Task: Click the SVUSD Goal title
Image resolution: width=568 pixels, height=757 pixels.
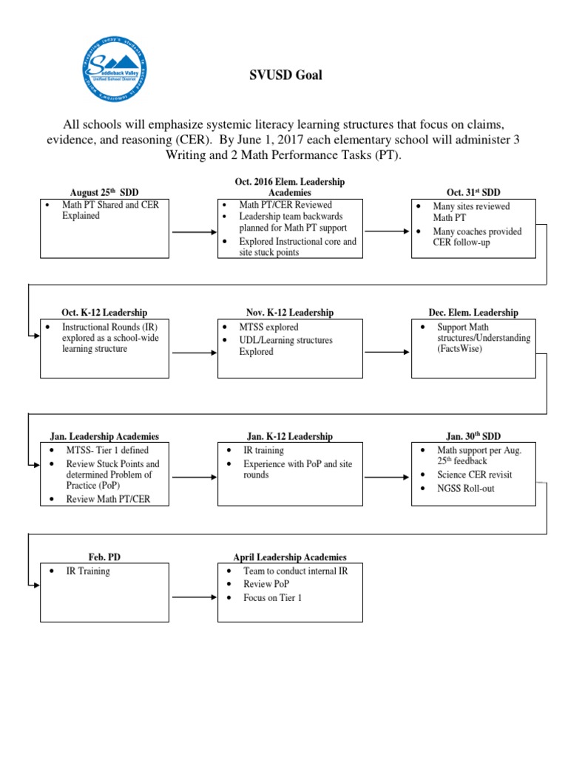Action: [x=284, y=75]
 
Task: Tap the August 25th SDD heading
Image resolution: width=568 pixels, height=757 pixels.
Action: [x=104, y=192]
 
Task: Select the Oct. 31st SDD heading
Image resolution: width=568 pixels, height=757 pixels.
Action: [x=473, y=192]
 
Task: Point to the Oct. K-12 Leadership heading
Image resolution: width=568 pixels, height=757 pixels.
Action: [x=104, y=313]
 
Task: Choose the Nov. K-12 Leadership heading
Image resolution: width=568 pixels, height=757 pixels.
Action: [x=290, y=313]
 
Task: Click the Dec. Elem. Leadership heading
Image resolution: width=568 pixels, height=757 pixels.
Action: [x=473, y=313]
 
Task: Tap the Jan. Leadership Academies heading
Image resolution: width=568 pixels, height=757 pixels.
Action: [x=104, y=437]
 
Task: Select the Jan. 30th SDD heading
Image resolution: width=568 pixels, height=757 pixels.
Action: [x=473, y=437]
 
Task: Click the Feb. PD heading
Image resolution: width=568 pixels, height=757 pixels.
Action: [x=104, y=557]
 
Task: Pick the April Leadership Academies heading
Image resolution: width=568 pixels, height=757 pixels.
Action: [x=290, y=557]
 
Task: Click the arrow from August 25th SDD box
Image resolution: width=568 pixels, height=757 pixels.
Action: [x=194, y=232]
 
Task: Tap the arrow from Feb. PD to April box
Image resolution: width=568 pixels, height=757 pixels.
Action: [x=194, y=594]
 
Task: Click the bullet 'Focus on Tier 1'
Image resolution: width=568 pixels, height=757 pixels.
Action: [x=273, y=597]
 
